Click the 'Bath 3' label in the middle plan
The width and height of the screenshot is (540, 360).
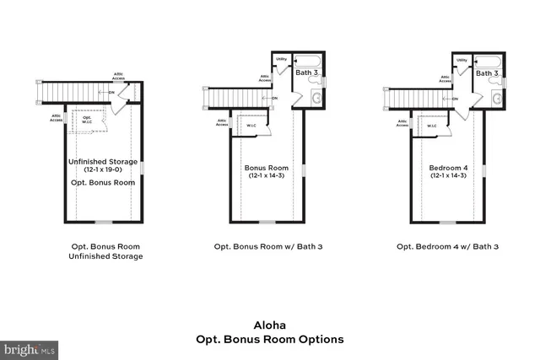[x=306, y=73]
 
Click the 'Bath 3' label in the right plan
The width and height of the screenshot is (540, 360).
[x=487, y=73]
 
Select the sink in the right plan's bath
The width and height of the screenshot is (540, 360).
[x=498, y=99]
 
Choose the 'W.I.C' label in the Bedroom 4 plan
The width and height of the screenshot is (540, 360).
[x=431, y=126]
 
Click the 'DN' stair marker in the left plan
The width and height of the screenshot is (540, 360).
[x=111, y=92]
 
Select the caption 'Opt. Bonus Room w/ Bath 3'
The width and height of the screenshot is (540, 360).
[x=266, y=247]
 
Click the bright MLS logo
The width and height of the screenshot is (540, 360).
[x=30, y=348]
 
